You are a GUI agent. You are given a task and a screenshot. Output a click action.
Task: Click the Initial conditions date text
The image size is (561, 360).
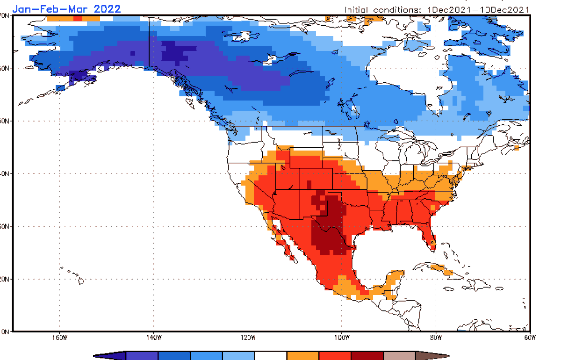click(x=437, y=9)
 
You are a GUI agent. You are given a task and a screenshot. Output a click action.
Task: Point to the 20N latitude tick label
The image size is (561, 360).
click(x=5, y=279)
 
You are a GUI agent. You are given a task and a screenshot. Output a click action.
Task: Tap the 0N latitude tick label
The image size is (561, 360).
click(x=5, y=331)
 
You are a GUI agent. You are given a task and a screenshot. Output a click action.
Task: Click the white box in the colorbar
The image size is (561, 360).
click(x=271, y=356)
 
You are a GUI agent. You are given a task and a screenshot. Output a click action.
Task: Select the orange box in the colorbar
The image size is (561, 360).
click(x=303, y=356)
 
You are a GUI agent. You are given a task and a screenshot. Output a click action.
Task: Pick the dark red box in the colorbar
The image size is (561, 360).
click(x=367, y=356)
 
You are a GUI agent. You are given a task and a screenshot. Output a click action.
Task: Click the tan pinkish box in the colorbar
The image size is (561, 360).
click(x=399, y=356)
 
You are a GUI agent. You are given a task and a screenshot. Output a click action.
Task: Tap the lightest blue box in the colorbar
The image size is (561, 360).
click(x=238, y=356)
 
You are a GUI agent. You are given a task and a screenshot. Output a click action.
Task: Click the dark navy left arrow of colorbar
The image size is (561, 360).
click(x=110, y=356)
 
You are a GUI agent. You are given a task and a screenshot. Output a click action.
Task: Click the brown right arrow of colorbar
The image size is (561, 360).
click(x=431, y=356)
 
